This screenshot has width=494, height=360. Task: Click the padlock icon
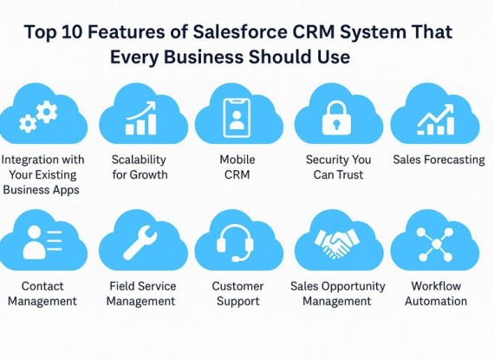[x=336, y=118]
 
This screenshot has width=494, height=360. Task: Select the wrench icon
[x=140, y=244]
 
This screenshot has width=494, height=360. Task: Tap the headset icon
[x=235, y=243]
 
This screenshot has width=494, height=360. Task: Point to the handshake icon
[x=336, y=243]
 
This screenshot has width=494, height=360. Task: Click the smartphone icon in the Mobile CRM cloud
[x=237, y=118]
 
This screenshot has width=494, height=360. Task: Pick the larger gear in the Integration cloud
[x=47, y=112]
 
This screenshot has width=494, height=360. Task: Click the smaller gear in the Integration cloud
[x=28, y=123]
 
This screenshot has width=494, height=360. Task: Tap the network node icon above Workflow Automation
[x=434, y=245]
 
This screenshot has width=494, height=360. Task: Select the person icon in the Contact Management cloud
[x=34, y=242]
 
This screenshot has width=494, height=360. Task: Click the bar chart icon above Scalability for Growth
[x=140, y=118]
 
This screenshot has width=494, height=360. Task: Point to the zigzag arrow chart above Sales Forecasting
[x=435, y=120]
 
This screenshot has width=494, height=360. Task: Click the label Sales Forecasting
[x=439, y=160]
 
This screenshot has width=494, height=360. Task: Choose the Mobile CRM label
[x=237, y=167]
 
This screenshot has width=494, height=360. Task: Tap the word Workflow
[x=436, y=286]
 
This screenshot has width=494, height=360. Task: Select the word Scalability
[x=139, y=160]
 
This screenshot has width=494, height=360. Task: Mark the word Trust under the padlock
[x=351, y=174]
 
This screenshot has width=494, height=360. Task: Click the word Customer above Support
[x=237, y=286]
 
